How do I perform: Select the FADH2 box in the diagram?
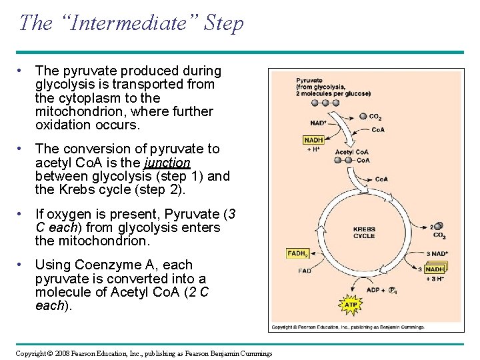[297, 254]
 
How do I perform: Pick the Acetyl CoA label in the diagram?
[351, 152]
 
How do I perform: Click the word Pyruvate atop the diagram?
[310, 79]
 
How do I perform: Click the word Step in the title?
[224, 23]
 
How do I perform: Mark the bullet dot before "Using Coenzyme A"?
[23, 265]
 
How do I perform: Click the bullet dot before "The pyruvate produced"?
[23, 70]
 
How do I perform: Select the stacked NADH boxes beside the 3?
[435, 268]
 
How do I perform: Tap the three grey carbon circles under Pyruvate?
[316, 103]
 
